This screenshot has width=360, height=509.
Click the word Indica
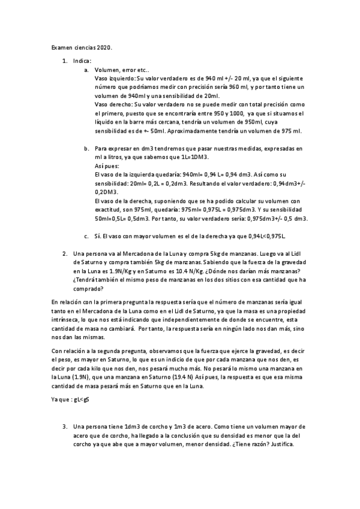[82, 61]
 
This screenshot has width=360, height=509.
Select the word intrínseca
[67, 320]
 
